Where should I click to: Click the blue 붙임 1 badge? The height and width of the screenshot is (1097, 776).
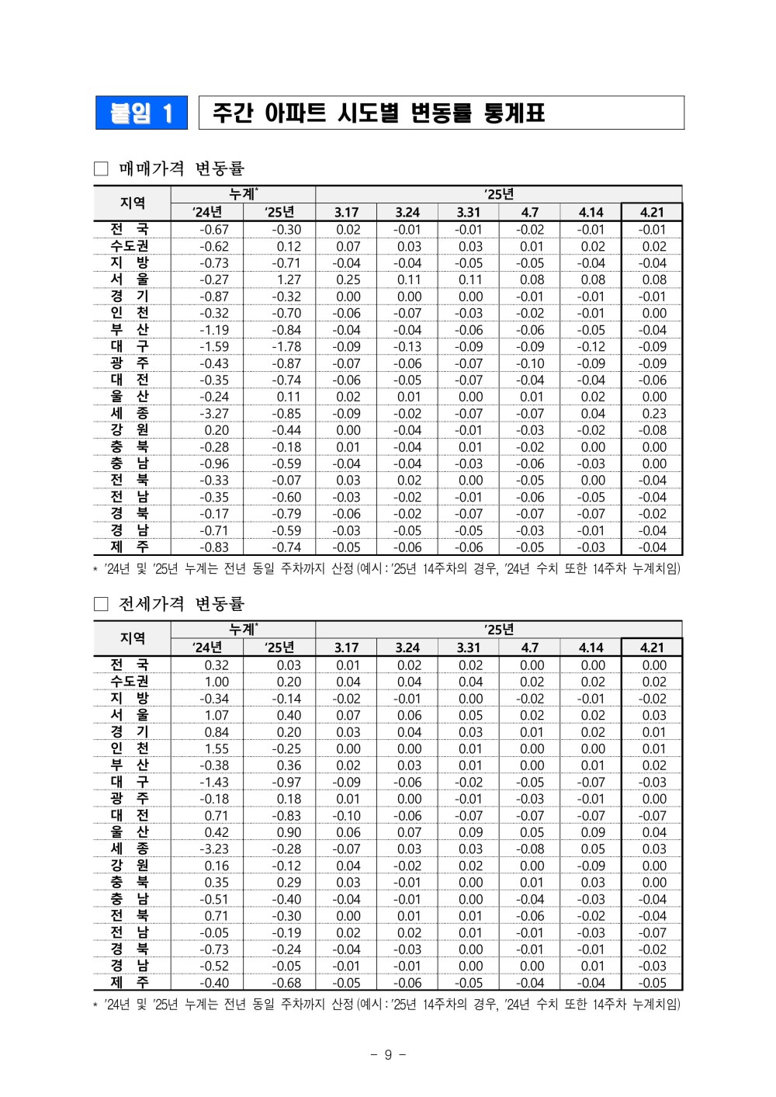(141, 113)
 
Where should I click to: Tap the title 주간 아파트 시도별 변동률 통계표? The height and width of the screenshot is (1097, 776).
(379, 113)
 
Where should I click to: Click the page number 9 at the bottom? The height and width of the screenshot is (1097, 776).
(388, 1054)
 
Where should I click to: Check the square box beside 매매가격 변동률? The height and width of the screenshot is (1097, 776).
(101, 168)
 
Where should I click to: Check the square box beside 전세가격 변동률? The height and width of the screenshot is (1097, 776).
(101, 604)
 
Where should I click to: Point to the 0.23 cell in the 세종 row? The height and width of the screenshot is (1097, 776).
(653, 413)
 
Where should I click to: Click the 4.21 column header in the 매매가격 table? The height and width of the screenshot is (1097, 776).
(652, 212)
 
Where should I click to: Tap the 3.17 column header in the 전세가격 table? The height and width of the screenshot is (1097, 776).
(346, 647)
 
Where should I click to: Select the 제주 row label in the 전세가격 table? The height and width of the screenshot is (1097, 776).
(130, 982)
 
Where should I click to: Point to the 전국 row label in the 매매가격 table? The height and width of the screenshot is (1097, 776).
(130, 229)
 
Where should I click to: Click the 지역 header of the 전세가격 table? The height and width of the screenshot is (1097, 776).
(133, 638)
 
